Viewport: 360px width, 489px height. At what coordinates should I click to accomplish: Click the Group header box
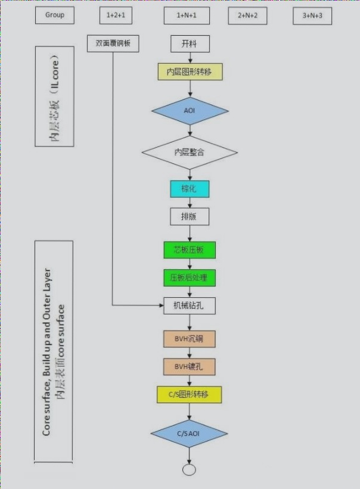[55, 15]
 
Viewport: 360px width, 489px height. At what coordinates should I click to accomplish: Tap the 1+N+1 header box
[187, 15]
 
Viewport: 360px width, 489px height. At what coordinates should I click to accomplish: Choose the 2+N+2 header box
[247, 15]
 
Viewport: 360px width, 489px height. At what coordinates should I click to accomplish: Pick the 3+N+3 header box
[312, 15]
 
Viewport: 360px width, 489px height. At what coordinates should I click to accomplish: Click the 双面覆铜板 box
[113, 43]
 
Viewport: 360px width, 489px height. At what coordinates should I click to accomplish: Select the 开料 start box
[190, 43]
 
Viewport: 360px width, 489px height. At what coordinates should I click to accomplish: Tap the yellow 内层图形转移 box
[190, 72]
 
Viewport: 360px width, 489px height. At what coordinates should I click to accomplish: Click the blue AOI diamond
[190, 111]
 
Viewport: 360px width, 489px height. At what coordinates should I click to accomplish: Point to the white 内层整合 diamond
[190, 152]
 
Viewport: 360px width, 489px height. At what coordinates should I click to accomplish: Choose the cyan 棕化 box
[190, 189]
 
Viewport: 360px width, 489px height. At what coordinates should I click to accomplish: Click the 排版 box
[190, 216]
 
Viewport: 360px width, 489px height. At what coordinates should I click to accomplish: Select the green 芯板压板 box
[190, 250]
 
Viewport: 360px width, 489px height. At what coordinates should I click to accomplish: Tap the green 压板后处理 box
[190, 278]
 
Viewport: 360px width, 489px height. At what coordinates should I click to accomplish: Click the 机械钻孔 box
[190, 306]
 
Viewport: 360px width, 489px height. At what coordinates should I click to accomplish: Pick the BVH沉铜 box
[190, 339]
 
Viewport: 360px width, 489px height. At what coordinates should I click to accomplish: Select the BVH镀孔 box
[190, 366]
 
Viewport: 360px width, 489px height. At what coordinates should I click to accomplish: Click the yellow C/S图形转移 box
[190, 394]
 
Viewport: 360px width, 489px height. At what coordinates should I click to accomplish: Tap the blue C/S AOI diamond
[190, 433]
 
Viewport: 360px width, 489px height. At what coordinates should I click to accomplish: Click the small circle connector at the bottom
[190, 470]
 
